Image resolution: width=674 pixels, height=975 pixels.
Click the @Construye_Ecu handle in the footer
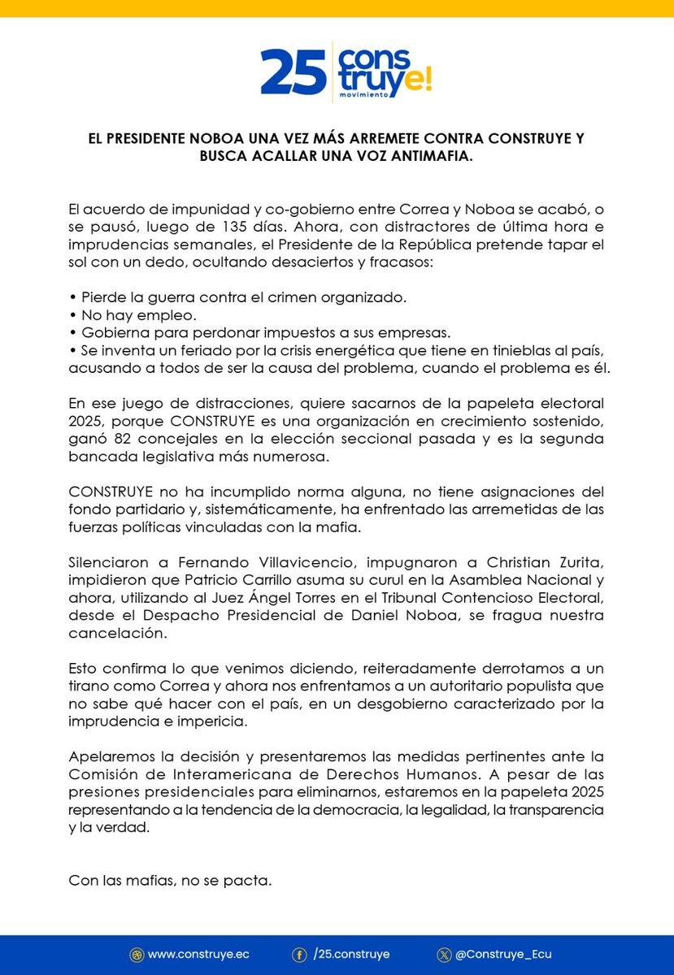coord(505,955)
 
